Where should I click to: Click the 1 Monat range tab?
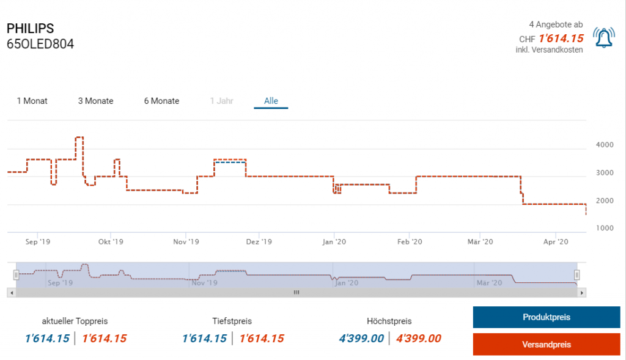tap(32, 101)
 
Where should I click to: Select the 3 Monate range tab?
tap(95, 101)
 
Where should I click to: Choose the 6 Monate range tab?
tap(161, 101)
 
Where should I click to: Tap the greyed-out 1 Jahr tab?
tap(221, 101)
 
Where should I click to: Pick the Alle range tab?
tap(271, 101)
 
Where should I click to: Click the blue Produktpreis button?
tap(547, 317)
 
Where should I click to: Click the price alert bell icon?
tap(604, 38)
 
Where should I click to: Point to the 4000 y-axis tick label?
tap(605, 145)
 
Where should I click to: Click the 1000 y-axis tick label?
tap(605, 228)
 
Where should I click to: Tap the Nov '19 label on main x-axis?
tap(186, 242)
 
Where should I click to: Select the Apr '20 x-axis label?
tap(555, 242)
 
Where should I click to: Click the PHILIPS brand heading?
tap(30, 29)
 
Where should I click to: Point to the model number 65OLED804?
tap(40, 44)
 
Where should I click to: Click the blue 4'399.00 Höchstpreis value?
tap(361, 339)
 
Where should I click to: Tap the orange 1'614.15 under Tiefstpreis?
tap(261, 339)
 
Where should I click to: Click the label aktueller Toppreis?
tap(75, 321)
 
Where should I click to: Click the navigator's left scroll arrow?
tap(10, 293)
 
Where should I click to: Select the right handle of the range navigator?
tap(576, 275)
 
